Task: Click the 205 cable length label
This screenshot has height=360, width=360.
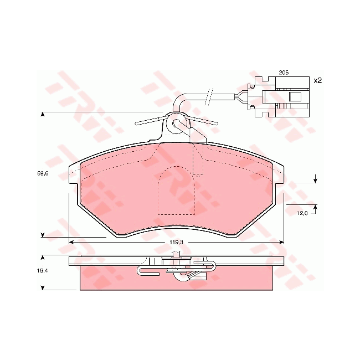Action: pos(284,73)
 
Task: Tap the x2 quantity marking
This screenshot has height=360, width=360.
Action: pos(318,81)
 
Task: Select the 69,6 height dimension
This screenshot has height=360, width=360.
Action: pos(43,174)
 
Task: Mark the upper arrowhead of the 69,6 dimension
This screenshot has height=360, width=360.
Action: pos(43,115)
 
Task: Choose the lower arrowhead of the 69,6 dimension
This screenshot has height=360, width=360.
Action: pos(43,235)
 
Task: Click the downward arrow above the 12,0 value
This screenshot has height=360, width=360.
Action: pos(315,179)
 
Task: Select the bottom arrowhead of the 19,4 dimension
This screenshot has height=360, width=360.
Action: pos(43,287)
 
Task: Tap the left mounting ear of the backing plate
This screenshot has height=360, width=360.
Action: pos(74,174)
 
